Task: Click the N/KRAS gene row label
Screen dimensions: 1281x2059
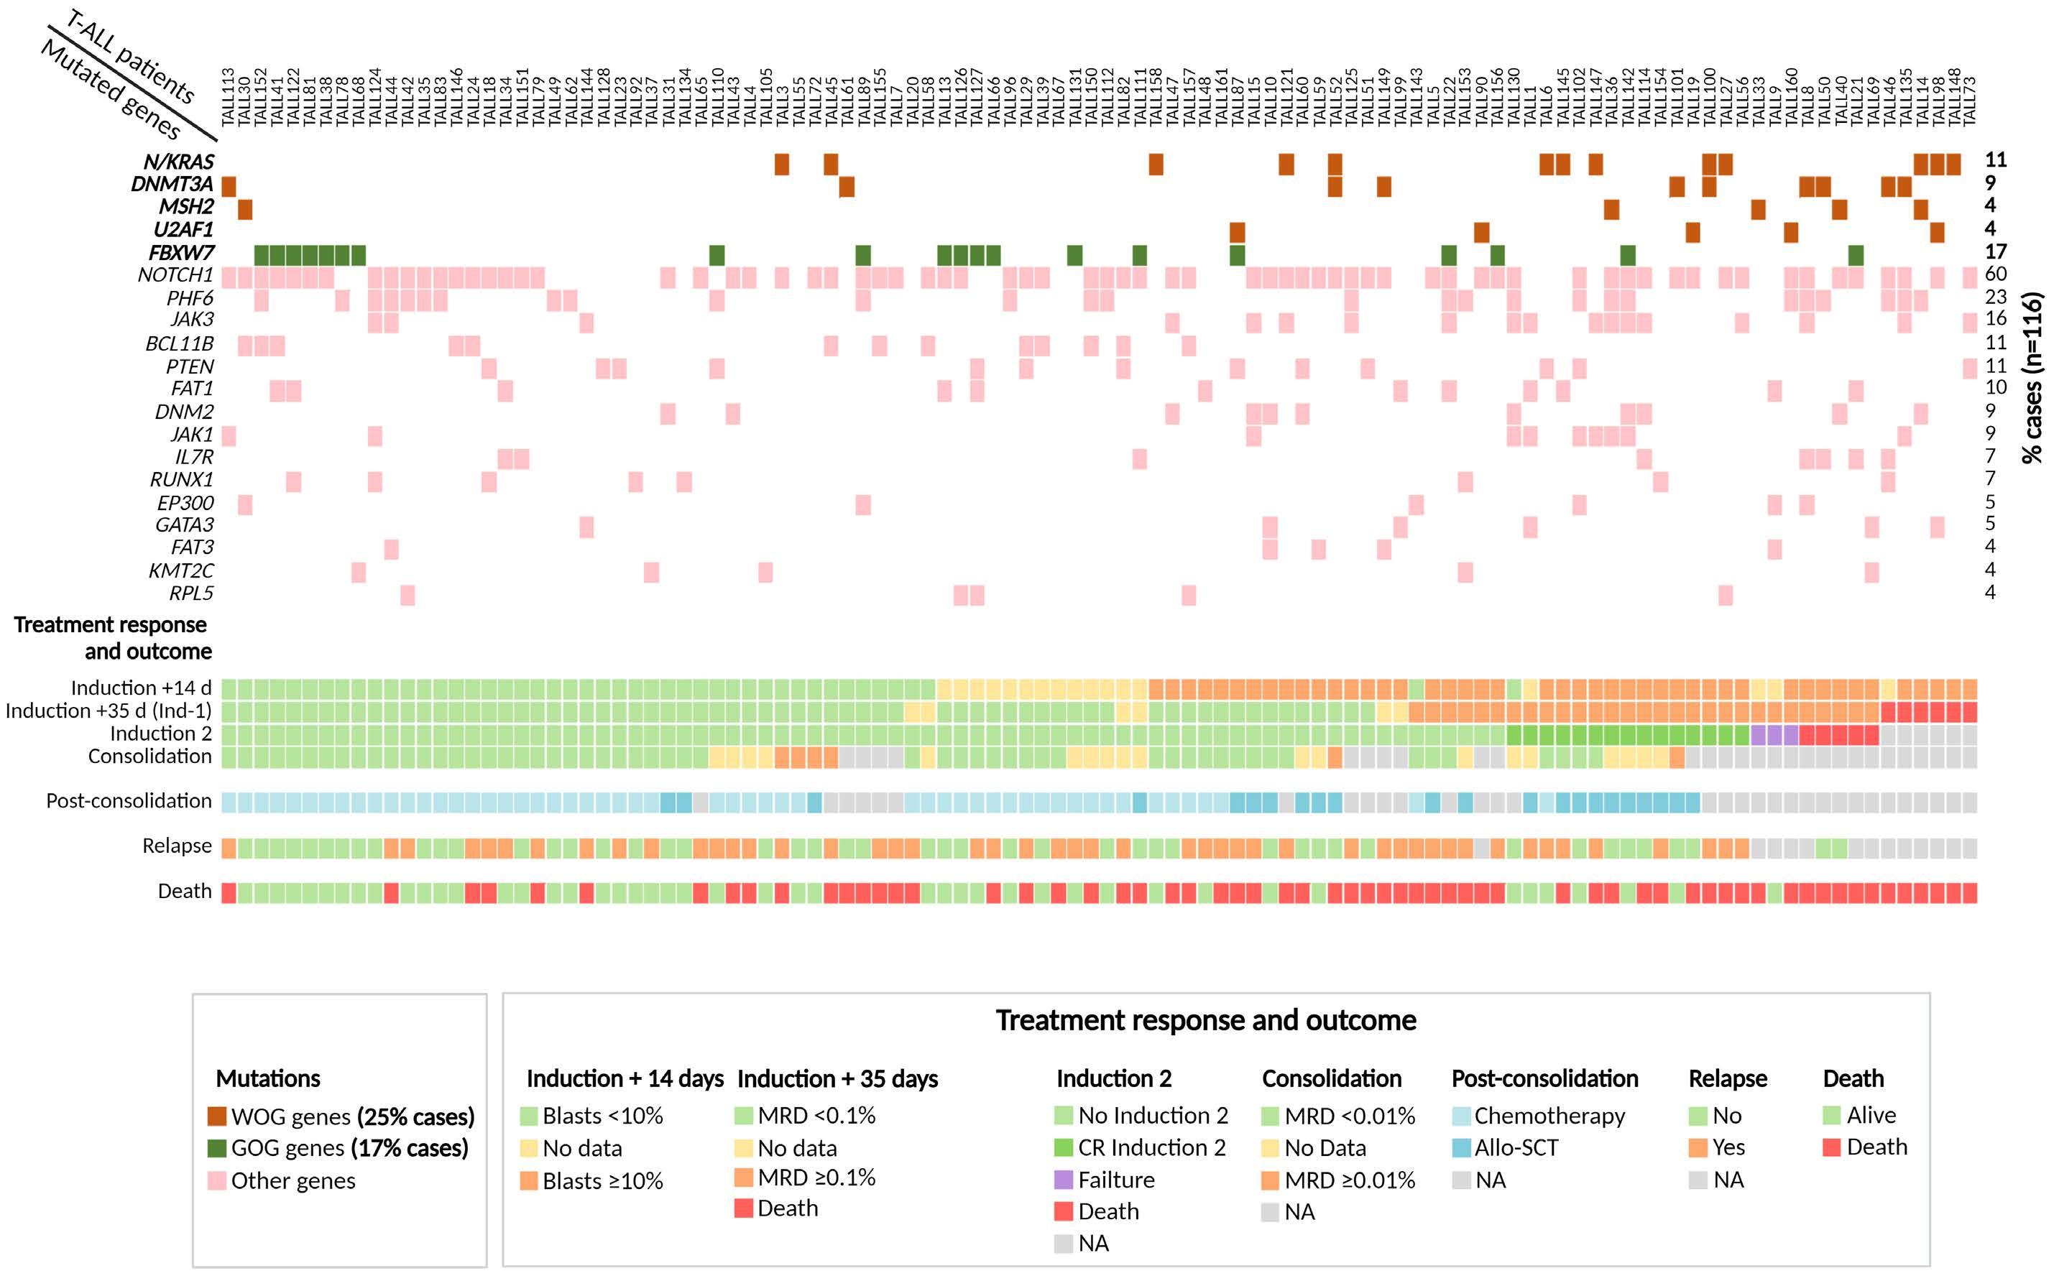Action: [178, 162]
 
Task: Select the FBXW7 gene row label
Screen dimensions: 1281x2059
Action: [181, 252]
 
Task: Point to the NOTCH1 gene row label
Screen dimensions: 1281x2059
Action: [175, 275]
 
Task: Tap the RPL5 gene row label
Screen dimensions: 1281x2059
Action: [190, 593]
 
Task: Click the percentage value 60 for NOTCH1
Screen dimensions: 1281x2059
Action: [1996, 274]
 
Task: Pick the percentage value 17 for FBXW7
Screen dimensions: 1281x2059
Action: [1996, 251]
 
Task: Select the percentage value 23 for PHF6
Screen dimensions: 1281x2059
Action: [1996, 297]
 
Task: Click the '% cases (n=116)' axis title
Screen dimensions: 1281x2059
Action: [2032, 378]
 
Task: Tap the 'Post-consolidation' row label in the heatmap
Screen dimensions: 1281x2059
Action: [129, 800]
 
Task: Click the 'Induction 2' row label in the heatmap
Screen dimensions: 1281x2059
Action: [161, 734]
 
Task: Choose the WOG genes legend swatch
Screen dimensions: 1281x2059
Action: [217, 1116]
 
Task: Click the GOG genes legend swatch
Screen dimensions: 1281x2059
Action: [217, 1148]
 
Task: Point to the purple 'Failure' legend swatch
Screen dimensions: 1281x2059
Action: [1064, 1179]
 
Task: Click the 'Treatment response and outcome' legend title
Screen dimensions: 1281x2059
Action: [1206, 1020]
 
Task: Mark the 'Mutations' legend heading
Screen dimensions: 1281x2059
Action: [268, 1078]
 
